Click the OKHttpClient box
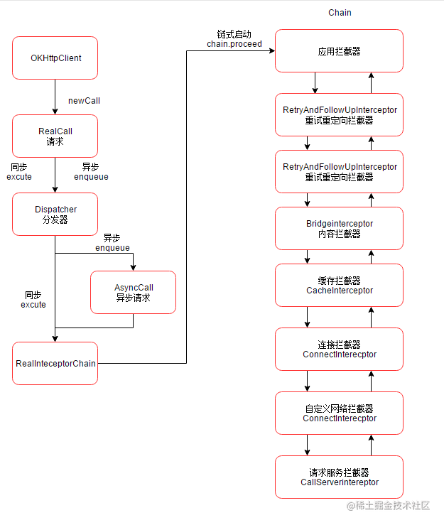tap(55, 58)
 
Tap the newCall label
tap(84, 101)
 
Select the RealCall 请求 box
tap(55, 136)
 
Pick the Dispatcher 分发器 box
tap(55, 214)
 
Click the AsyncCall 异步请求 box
tap(133, 292)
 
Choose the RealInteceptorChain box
tap(55, 363)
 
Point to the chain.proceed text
tap(234, 44)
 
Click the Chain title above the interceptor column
tap(340, 13)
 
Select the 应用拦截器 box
tap(339, 51)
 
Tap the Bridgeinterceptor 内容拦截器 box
tap(339, 228)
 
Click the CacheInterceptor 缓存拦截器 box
tap(339, 285)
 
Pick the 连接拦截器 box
tap(339, 349)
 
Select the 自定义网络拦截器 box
tap(339, 413)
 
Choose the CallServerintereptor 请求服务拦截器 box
tap(339, 477)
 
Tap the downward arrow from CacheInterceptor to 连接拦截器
tap(308, 317)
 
